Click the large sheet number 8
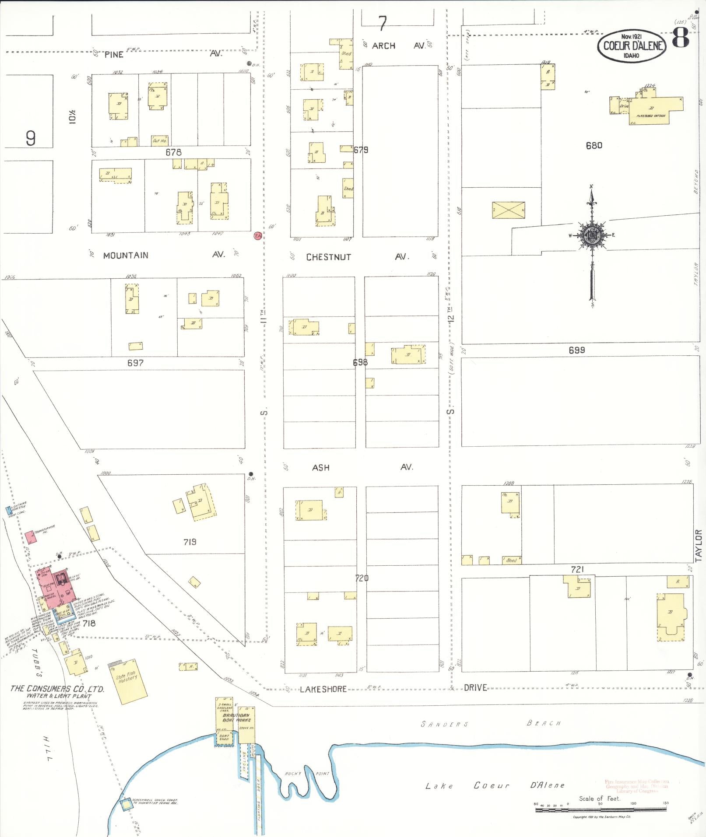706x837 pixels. (x=680, y=38)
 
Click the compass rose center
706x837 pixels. (x=592, y=235)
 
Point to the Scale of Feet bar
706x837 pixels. (x=601, y=809)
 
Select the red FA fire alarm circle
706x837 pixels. (x=258, y=236)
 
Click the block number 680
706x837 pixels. (x=594, y=145)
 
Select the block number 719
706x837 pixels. (x=190, y=542)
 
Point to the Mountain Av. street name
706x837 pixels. (x=126, y=256)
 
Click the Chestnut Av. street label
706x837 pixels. (x=328, y=257)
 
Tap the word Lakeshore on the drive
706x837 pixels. (x=323, y=689)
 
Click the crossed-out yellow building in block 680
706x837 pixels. (x=508, y=210)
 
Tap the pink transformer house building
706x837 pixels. (x=29, y=537)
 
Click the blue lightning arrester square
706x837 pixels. (x=8, y=510)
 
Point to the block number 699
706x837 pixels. (x=576, y=350)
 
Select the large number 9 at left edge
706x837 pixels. (x=30, y=138)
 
